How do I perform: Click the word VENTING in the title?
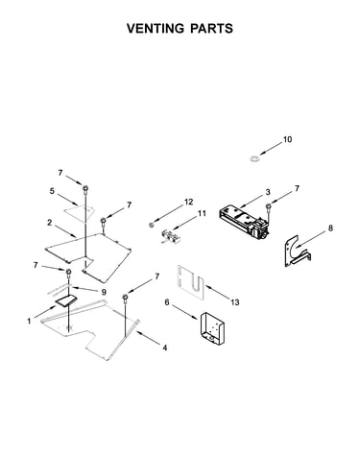(156, 29)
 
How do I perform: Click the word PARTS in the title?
(211, 29)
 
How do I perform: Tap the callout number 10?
(287, 139)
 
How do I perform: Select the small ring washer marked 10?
(255, 158)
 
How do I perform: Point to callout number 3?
(268, 192)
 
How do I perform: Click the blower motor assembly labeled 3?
(244, 222)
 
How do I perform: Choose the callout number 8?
(330, 228)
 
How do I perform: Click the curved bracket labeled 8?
(297, 252)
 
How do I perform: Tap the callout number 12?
(189, 202)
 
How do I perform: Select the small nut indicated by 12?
(152, 225)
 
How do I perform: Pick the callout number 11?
(202, 213)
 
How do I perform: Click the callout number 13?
(235, 302)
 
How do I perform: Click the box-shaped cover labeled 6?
(212, 328)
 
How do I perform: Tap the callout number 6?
(167, 302)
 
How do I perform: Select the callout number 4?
(165, 348)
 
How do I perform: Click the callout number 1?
(29, 321)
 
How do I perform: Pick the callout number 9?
(104, 292)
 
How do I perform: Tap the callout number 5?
(52, 191)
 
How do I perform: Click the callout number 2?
(49, 223)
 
